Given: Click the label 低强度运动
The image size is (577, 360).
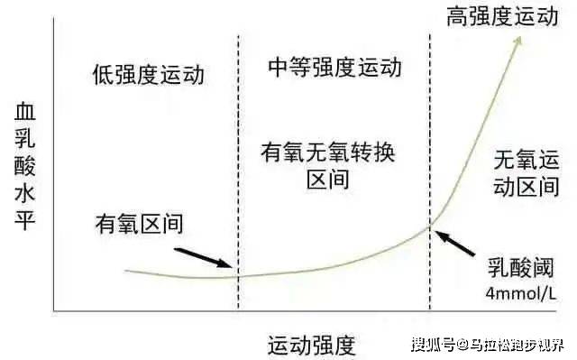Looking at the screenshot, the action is coord(148,75).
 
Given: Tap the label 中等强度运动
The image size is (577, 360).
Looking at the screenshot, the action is coord(334,68).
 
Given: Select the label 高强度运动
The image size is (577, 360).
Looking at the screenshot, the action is coord(503,16).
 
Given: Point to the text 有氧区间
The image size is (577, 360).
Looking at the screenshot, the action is coord(139,224).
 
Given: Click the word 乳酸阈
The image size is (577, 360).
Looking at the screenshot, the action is coord(521,268).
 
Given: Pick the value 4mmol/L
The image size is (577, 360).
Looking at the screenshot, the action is coord(521,294).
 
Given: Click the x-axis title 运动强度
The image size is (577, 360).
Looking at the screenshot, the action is coord(312,346).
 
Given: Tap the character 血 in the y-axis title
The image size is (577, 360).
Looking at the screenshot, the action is coord(25,112).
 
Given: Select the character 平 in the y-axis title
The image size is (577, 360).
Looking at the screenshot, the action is coord(25,220).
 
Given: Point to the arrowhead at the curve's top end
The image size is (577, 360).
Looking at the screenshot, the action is coord(519,40).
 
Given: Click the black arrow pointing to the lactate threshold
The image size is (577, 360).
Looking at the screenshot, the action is coord(454,243).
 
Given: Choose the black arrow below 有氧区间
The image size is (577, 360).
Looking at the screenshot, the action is coord(203,258).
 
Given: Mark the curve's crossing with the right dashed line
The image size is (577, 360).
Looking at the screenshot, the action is coord(430,226).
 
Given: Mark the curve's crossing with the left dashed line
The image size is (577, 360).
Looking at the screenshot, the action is coord(238,276).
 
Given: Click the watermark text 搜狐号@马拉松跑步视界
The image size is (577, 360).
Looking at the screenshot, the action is coord(488,345).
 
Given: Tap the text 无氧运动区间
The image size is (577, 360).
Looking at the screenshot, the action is coord(527,173).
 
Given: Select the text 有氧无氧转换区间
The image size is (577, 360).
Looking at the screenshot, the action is coord(328,166).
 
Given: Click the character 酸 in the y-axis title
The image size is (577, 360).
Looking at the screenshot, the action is coord(25,166).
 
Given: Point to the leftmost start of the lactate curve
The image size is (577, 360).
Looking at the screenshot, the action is coord(125,271).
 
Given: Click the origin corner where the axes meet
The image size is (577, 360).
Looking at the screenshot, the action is coord(54,311).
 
